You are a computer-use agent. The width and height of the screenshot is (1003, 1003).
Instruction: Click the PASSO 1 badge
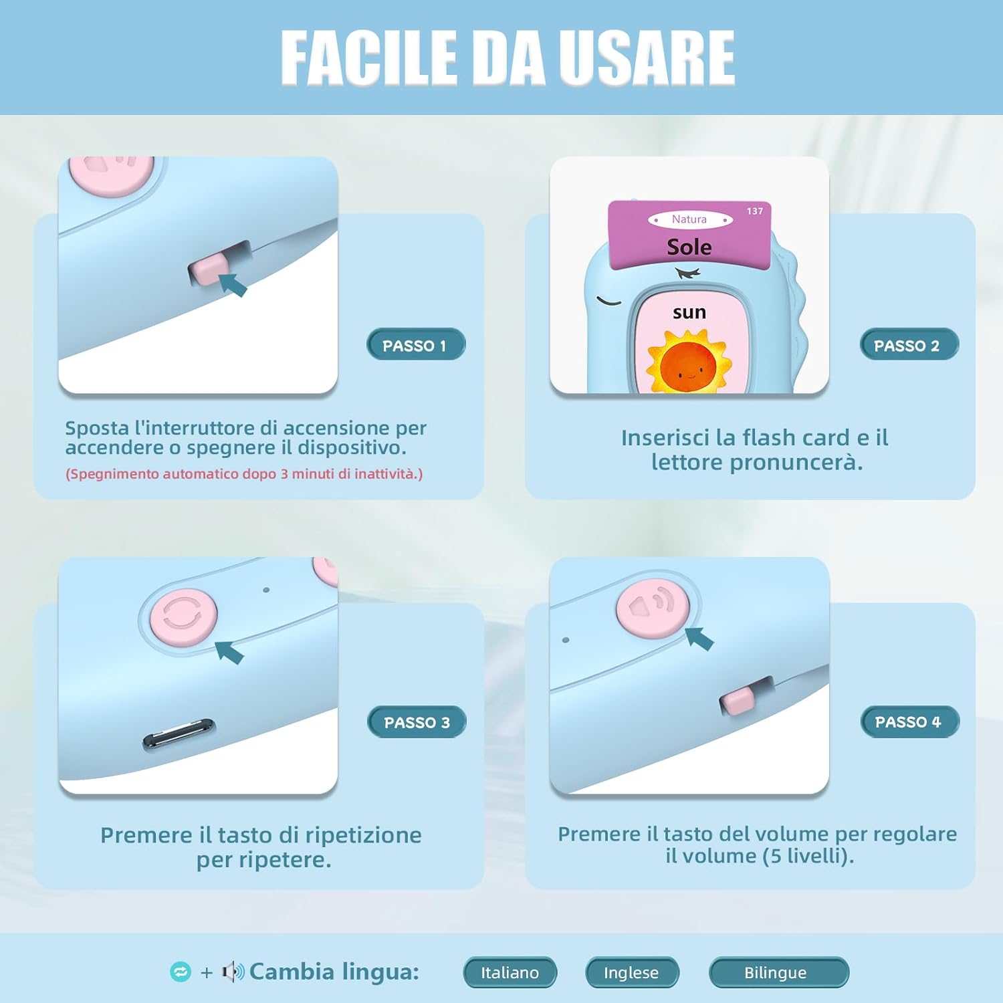415,345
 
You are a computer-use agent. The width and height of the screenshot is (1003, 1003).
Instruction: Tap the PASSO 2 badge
908,345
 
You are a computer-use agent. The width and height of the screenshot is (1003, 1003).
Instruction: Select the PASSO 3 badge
417,722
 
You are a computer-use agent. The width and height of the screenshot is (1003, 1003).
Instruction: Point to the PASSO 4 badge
909,722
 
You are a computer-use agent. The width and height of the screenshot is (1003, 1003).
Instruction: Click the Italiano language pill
510,972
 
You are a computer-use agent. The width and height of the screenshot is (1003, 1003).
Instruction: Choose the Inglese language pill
631,972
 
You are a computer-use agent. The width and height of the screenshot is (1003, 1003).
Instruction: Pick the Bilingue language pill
778,972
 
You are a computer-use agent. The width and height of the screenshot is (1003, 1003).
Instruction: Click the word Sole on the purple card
689,247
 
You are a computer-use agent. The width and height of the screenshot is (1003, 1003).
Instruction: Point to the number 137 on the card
755,211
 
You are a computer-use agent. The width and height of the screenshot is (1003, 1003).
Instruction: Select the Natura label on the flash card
689,219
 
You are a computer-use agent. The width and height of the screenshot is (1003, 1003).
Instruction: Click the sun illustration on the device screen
688,362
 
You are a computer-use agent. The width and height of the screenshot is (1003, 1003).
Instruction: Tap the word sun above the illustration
689,312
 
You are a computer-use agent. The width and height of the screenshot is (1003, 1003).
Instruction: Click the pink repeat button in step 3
183,615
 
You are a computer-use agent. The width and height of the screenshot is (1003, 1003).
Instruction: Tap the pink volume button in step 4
653,608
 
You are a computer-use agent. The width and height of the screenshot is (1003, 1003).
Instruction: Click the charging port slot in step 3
179,733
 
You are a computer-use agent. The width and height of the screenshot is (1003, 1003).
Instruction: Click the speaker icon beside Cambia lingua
233,972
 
